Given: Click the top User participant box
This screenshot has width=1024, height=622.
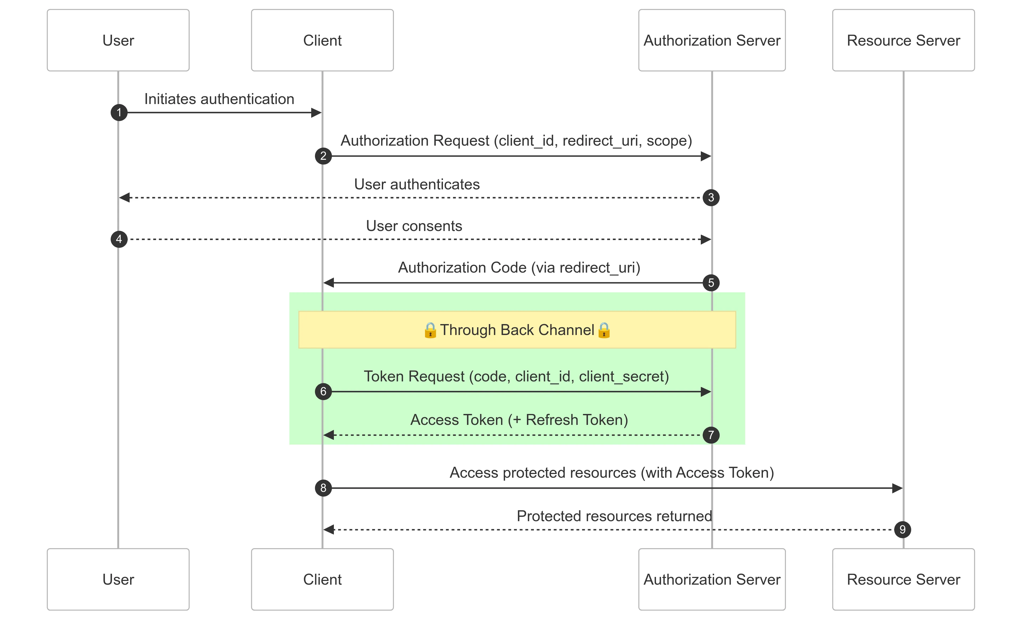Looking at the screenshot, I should (x=118, y=40).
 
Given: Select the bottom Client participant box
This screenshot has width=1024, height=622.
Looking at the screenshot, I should (x=322, y=579).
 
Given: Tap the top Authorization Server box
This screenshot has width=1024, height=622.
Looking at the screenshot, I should (x=711, y=40).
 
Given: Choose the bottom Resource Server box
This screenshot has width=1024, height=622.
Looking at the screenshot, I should (x=903, y=579).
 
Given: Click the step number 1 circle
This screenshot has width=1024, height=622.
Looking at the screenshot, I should (x=119, y=112).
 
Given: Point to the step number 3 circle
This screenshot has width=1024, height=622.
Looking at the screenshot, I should (x=711, y=197).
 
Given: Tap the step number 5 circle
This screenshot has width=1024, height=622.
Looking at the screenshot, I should (x=711, y=283).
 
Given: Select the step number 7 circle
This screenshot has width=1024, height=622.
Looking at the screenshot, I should (x=711, y=435).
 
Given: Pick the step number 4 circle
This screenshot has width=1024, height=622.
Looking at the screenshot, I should (x=119, y=239).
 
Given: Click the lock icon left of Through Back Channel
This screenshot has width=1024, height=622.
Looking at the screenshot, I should (x=430, y=330).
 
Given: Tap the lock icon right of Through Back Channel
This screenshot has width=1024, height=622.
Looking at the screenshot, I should (x=604, y=330).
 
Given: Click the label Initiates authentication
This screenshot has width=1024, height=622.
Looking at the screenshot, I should (x=219, y=99).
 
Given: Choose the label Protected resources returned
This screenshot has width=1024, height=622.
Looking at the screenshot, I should (x=614, y=516).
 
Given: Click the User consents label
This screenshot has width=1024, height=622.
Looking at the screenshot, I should (x=414, y=226).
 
